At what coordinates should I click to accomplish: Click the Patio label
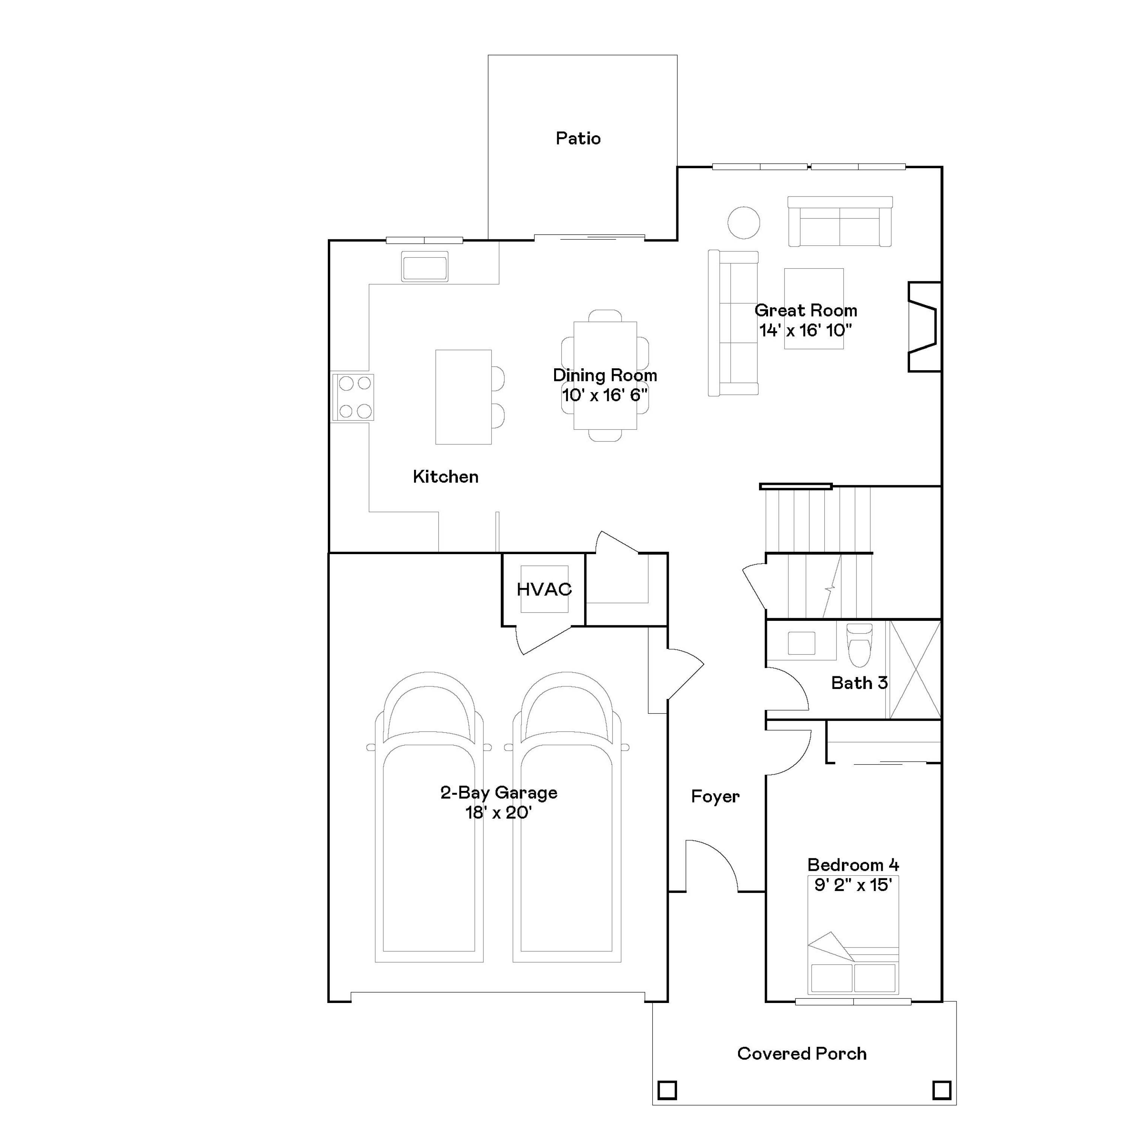578,139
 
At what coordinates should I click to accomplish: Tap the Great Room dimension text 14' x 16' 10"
805,330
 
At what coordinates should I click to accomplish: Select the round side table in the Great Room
743,222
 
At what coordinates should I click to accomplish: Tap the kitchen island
463,397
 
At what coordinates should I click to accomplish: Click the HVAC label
544,589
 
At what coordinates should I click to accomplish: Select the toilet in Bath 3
859,645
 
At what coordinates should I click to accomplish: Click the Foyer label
715,797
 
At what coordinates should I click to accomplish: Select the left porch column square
667,1090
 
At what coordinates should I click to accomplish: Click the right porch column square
941,1090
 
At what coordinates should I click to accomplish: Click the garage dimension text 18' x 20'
499,813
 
